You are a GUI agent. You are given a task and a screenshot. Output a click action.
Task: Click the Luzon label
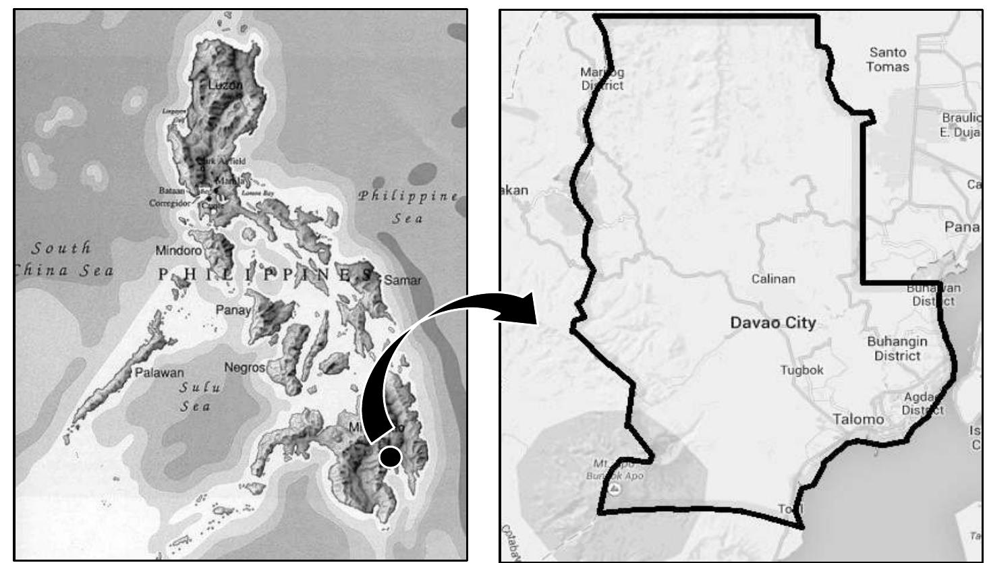[x=225, y=85]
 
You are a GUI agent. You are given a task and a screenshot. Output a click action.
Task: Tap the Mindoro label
[x=179, y=251]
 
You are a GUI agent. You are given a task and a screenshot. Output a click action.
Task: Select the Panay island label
[x=233, y=310]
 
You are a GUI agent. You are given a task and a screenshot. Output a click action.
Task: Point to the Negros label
[x=245, y=367]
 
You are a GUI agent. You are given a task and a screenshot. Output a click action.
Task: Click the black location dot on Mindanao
[x=390, y=457]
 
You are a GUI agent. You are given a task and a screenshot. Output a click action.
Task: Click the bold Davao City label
[x=772, y=323]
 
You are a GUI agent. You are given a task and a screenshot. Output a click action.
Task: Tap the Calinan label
[x=773, y=278]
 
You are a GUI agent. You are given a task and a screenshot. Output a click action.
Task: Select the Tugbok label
[x=801, y=370]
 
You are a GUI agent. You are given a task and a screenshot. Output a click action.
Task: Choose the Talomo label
[x=858, y=419]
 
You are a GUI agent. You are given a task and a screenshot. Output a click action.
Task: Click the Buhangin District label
[x=897, y=349]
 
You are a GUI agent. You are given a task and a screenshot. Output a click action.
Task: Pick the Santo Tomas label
[x=888, y=59]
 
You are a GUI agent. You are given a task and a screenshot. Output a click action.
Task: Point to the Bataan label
[x=171, y=191]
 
